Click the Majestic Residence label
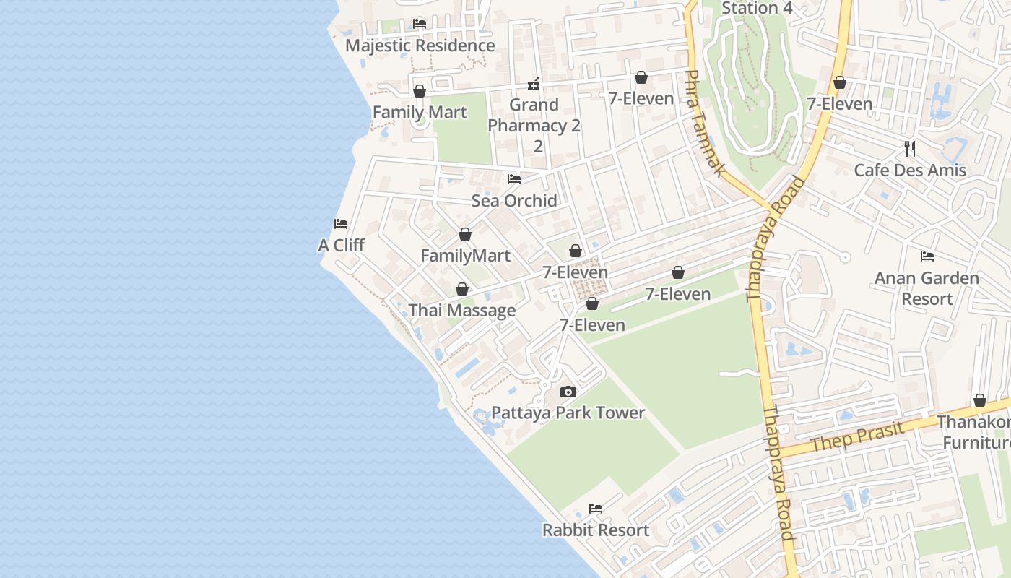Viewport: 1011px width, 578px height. (420, 46)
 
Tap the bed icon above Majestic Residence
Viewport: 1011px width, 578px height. (420, 23)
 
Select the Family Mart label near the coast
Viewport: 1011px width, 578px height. (420, 113)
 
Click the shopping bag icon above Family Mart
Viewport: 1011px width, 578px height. (420, 91)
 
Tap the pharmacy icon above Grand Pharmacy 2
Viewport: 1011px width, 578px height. (534, 84)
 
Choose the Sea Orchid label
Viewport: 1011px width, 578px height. (514, 201)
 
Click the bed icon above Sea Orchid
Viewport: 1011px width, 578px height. (514, 179)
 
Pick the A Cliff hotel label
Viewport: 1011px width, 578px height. (341, 246)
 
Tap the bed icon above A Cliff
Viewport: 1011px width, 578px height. (341, 224)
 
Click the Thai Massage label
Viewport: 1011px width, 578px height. (462, 311)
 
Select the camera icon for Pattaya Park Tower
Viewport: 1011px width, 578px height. (568, 392)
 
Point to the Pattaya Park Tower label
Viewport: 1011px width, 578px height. (568, 413)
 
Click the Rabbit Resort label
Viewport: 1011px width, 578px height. (596, 530)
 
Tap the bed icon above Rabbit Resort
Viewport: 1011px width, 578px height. (596, 509)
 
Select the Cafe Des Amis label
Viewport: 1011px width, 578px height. (910, 171)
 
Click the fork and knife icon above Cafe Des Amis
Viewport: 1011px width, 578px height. (910, 149)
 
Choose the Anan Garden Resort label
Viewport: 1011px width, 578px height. (927, 288)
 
